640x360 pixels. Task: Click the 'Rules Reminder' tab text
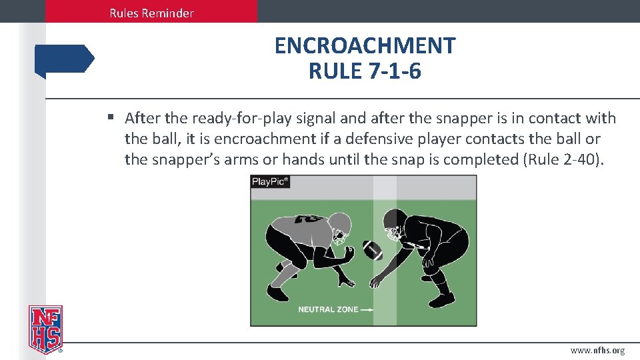point(151,13)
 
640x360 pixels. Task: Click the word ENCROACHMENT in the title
point(365,46)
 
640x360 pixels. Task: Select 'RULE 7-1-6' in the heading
point(365,71)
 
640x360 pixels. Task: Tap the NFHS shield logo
point(45,329)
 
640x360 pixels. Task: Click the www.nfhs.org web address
point(597,351)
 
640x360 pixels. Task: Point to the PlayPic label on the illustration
point(270,181)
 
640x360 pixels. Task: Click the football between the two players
point(373,250)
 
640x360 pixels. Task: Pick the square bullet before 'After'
point(111,119)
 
